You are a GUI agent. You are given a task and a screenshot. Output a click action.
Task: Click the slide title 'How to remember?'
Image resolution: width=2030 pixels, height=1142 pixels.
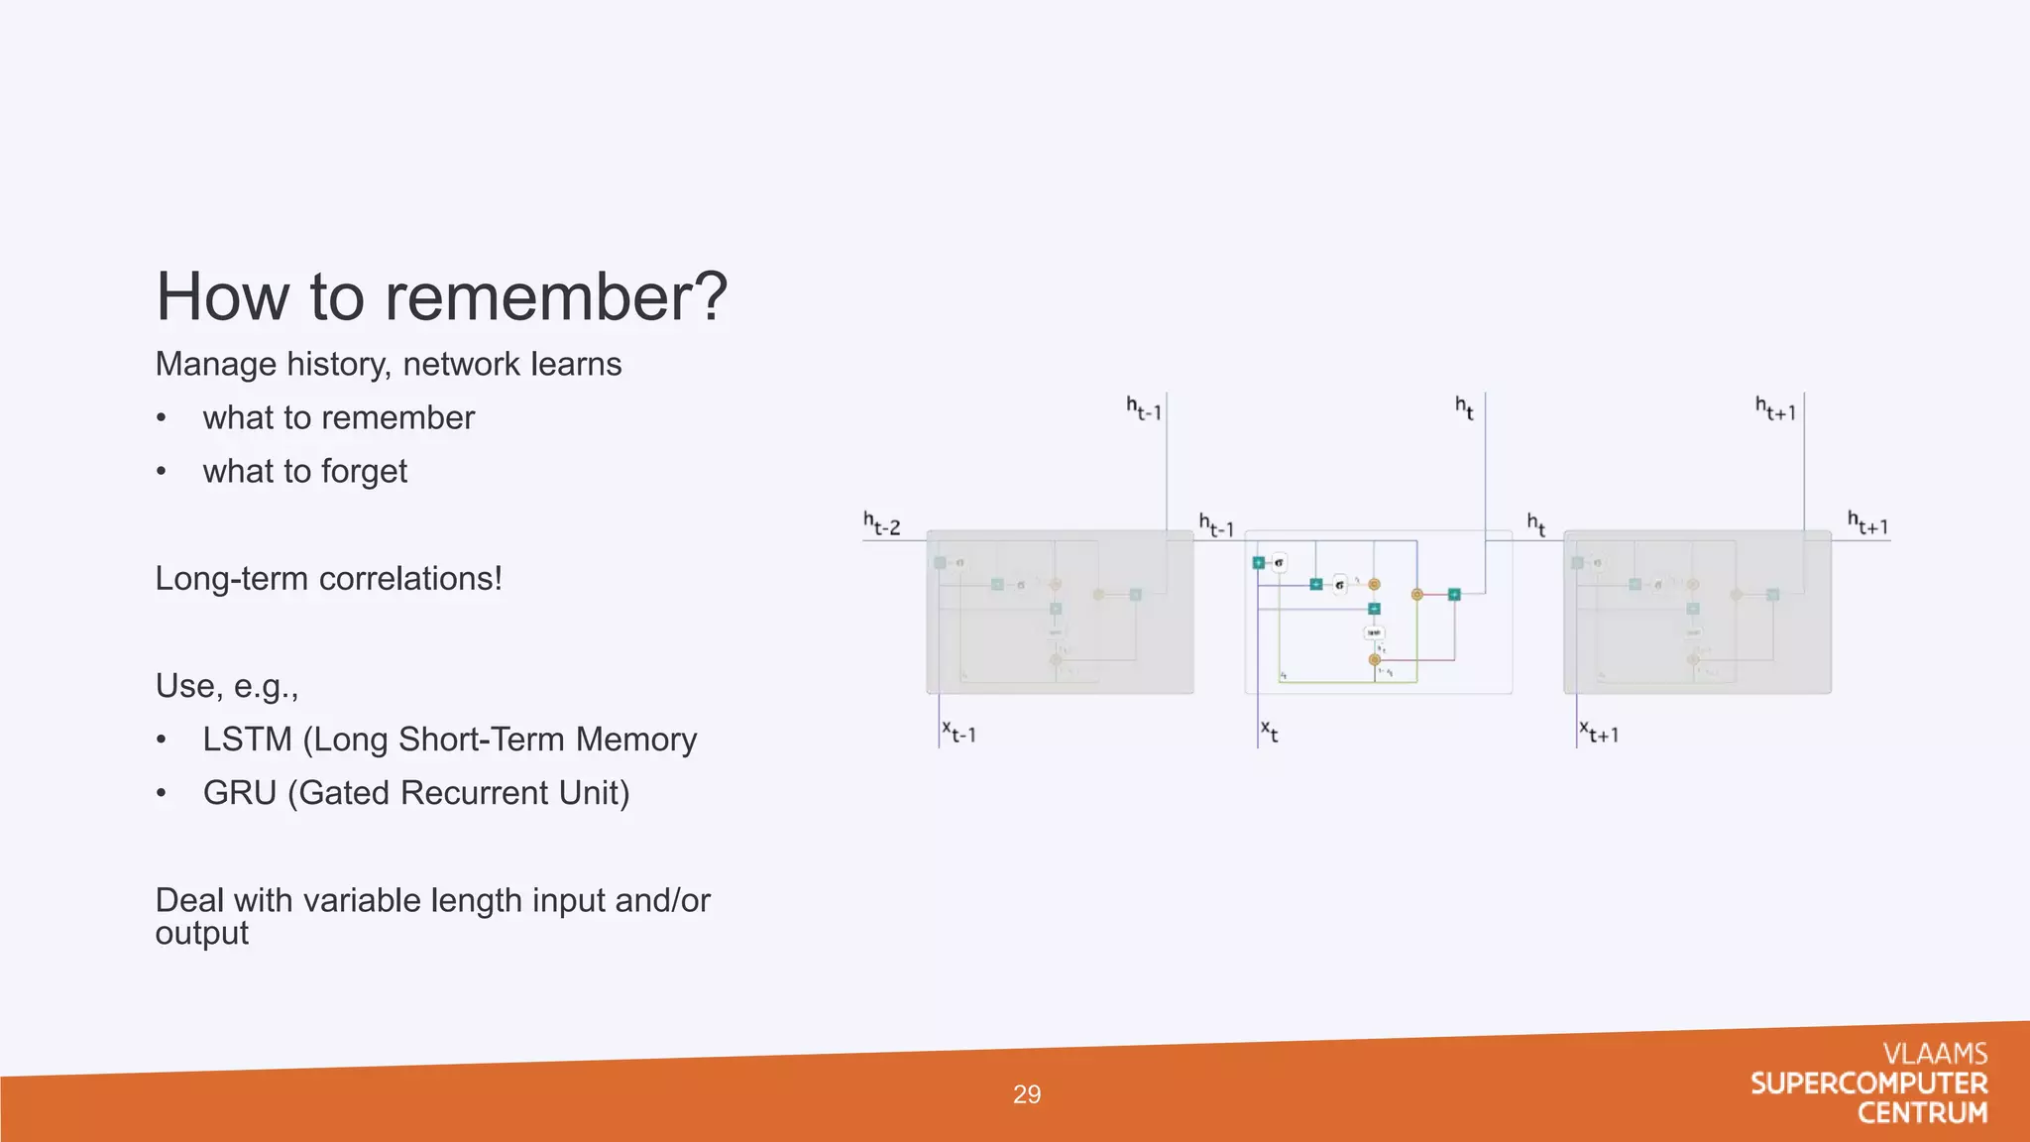tap(441, 296)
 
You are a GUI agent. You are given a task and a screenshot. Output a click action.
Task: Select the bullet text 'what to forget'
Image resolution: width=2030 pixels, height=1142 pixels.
tap(304, 472)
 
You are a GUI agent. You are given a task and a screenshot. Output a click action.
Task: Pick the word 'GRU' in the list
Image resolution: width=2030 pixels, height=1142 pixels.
tap(239, 793)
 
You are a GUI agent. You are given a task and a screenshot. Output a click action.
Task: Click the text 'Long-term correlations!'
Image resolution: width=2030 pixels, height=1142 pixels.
tap(328, 579)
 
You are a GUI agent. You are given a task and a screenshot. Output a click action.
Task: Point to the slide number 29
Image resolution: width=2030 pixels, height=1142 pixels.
tap(1027, 1094)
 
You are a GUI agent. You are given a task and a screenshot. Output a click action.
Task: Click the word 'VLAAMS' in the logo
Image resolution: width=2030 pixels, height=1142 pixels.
tap(1935, 1054)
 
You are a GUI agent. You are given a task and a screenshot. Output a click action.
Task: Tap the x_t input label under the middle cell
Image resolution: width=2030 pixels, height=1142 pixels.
tap(1270, 732)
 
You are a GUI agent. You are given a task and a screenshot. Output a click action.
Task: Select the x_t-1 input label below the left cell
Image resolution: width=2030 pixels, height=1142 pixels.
tap(959, 733)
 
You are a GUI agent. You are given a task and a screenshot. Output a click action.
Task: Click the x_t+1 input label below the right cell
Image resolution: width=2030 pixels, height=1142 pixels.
tap(1599, 733)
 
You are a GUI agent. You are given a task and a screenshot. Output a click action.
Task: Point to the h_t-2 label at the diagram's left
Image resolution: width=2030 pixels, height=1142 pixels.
tap(881, 523)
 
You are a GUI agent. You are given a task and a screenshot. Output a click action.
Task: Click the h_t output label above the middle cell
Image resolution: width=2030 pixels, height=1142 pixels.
tap(1464, 406)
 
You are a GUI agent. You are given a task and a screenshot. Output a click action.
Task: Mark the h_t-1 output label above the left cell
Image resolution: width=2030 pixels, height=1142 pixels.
tap(1143, 407)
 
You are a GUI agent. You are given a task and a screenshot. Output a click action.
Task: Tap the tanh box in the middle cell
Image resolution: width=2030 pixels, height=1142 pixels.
tap(1374, 632)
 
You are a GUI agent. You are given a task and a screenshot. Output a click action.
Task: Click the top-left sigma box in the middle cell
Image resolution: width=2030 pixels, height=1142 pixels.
tap(1279, 563)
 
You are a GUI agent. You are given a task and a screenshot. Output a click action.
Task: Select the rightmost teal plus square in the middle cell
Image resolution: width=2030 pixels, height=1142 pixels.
tap(1454, 595)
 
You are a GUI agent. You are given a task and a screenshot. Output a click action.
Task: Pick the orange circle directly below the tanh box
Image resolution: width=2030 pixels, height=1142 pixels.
tap(1374, 659)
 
